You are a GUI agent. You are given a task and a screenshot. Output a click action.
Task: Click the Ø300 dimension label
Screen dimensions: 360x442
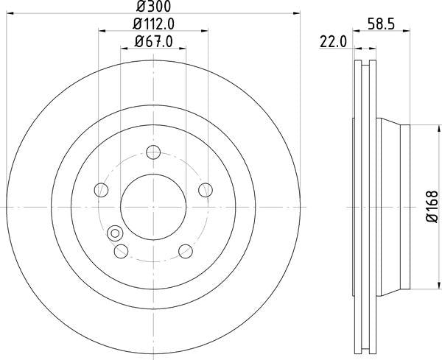click(154, 7)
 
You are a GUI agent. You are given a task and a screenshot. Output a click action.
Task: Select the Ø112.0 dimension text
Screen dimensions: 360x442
click(152, 24)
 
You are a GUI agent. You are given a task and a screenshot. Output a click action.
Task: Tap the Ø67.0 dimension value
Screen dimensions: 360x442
click(152, 42)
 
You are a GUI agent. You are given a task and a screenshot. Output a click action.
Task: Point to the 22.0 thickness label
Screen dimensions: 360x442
click(334, 42)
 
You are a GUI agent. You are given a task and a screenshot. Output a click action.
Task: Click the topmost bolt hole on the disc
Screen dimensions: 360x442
click(153, 153)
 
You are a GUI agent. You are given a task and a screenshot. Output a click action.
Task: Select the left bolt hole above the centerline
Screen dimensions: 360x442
click(102, 191)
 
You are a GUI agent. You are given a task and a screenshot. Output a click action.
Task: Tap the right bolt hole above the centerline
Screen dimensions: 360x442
click(205, 191)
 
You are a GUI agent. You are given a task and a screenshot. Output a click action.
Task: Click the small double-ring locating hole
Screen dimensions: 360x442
click(114, 234)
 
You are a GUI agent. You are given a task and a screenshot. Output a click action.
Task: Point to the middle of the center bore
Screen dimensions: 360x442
click(153, 208)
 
